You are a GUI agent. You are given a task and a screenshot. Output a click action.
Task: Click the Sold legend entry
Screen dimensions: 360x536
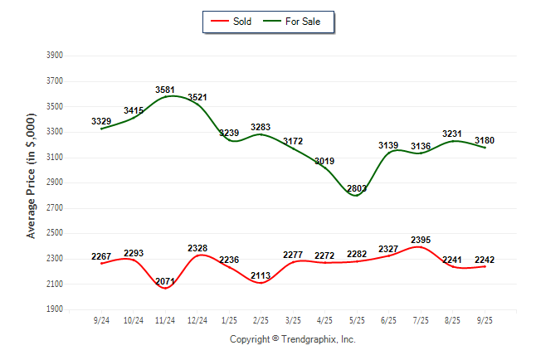point(231,21)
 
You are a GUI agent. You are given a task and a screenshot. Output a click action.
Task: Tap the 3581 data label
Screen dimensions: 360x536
point(165,90)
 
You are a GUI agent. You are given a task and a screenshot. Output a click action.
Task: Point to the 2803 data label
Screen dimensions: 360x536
point(357,189)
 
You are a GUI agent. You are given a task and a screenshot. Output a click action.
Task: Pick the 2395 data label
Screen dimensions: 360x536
point(421,241)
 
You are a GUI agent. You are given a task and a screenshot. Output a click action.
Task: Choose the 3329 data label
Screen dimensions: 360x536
point(101,121)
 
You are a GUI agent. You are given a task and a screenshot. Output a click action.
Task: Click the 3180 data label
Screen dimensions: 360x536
point(485,140)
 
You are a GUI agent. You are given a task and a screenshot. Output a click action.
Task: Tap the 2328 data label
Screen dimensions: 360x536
point(197,249)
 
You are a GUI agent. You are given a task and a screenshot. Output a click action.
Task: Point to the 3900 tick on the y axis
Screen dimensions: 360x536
point(55,56)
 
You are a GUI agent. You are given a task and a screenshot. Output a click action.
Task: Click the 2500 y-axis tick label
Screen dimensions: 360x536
point(55,233)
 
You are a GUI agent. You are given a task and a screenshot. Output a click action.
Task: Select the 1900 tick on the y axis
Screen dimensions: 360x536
point(55,309)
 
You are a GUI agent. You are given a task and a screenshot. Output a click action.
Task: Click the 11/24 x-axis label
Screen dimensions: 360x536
point(165,321)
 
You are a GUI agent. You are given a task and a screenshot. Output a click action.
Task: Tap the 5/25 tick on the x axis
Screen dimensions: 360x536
point(357,321)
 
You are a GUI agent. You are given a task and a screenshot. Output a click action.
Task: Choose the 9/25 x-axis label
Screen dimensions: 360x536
point(485,321)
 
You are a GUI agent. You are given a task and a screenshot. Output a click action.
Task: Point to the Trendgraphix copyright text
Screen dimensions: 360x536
point(291,339)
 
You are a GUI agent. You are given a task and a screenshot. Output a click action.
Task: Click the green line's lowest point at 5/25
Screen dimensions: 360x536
point(357,196)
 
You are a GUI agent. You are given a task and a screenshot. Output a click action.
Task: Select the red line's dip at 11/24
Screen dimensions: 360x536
point(165,288)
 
